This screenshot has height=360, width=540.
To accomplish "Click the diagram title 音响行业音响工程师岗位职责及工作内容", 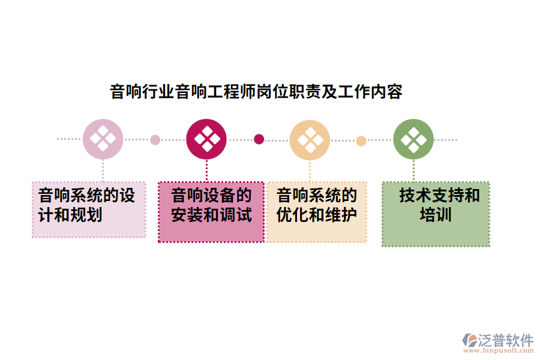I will pyautogui.click(x=256, y=92).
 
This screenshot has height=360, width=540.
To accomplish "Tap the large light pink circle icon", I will pyautogui.click(x=103, y=139).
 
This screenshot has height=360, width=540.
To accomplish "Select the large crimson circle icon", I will pyautogui.click(x=206, y=139).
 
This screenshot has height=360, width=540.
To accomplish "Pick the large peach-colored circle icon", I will pyautogui.click(x=310, y=139).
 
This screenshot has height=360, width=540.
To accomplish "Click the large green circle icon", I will pyautogui.click(x=413, y=139).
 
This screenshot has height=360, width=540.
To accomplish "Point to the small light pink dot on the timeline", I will pyautogui.click(x=155, y=140).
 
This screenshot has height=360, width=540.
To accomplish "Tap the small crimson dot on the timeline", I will pyautogui.click(x=259, y=139).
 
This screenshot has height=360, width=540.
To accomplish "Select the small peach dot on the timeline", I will pyautogui.click(x=361, y=141).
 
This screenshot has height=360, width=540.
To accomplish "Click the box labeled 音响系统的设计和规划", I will pyautogui.click(x=89, y=209).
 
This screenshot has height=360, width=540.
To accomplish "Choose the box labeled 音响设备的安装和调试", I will pyautogui.click(x=211, y=212).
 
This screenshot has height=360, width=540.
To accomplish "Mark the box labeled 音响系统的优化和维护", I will pyautogui.click(x=316, y=212).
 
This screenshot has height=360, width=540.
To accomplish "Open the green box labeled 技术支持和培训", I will pyautogui.click(x=436, y=214).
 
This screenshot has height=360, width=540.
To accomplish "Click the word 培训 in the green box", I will pyautogui.click(x=435, y=214).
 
